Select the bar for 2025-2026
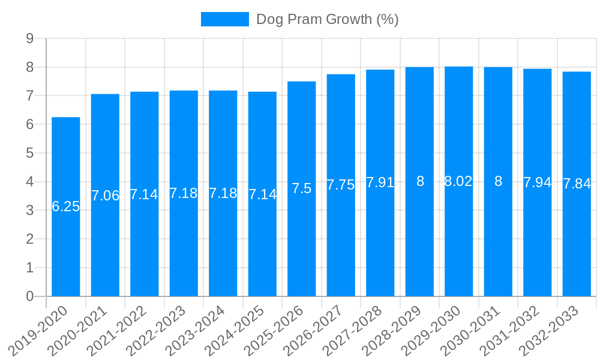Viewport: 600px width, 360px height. [x=302, y=240]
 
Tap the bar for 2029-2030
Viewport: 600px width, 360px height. [x=459, y=240]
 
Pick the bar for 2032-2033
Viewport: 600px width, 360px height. [x=577, y=240]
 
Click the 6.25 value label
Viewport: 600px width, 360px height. [x=66, y=207]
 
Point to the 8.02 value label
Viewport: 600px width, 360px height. [x=459, y=182]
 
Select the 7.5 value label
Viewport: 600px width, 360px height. [x=302, y=188]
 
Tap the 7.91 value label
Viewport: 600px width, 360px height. [x=380, y=182]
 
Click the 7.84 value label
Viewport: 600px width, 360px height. [x=577, y=184]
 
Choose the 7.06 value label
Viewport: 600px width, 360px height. [x=105, y=196]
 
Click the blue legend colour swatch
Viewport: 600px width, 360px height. [x=224, y=19]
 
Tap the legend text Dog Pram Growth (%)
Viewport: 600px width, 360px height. [x=328, y=19]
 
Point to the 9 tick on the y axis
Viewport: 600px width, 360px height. [x=29, y=38]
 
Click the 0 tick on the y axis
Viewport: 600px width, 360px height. [x=29, y=296]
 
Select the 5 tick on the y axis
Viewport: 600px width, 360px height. [x=29, y=153]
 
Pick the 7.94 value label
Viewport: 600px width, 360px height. [x=538, y=182]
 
